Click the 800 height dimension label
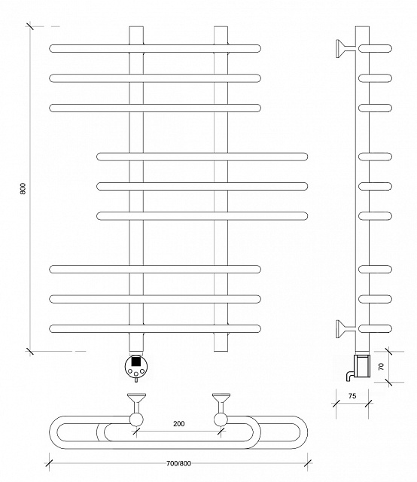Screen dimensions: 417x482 coord(23,188)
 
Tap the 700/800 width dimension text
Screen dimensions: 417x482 coord(178,463)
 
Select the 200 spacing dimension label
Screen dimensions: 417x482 coord(179,423)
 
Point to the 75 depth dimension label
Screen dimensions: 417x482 coord(352,396)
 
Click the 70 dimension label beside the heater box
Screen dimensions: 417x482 coord(382,367)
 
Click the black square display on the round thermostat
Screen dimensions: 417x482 coord(135,361)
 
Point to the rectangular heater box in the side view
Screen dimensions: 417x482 coord(363,366)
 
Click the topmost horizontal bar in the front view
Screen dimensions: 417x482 coord(155,48)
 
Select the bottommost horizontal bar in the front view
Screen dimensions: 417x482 coord(155,328)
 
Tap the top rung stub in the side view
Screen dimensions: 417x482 coord(375,48)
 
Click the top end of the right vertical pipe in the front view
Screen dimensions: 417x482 coord(221,27)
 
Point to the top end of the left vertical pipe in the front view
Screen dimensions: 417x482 coord(136,27)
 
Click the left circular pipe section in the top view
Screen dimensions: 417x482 coord(136,419)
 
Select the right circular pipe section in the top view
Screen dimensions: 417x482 coord(221,419)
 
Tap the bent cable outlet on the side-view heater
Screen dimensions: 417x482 coord(350,376)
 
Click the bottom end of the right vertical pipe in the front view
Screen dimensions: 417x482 coord(221,350)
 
